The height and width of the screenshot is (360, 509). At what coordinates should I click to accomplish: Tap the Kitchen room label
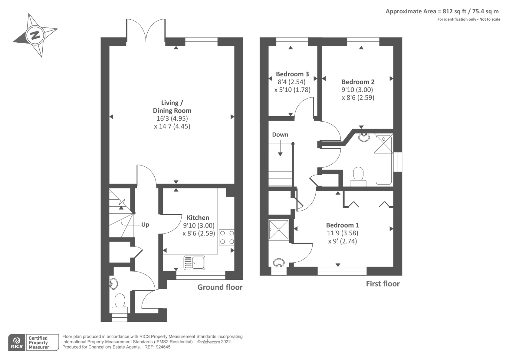pos(198,218)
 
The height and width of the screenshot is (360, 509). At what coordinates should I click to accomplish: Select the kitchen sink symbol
pos(194,263)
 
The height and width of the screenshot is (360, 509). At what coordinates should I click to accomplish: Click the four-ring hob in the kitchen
pos(227,237)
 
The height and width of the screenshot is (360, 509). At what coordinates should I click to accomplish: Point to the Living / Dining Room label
pos(172,107)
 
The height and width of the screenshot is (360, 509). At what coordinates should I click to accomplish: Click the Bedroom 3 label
pos(292,74)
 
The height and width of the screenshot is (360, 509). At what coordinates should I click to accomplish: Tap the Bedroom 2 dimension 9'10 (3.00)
pos(357,90)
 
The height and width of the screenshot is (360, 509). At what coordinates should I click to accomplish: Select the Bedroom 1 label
pos(342,225)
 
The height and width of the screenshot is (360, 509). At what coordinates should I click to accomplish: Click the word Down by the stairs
pos(280,135)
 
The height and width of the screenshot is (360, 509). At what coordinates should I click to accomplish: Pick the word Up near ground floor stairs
pos(145,225)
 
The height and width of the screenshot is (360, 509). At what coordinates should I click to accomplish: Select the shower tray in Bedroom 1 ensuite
pos(279,229)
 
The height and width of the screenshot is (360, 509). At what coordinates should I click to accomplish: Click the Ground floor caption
pos(220,287)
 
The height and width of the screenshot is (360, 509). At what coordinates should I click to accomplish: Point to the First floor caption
pos(383,284)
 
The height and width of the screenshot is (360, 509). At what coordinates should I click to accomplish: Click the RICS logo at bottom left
pos(17,342)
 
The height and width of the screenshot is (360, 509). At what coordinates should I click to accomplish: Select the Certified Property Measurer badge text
pos(38,342)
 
